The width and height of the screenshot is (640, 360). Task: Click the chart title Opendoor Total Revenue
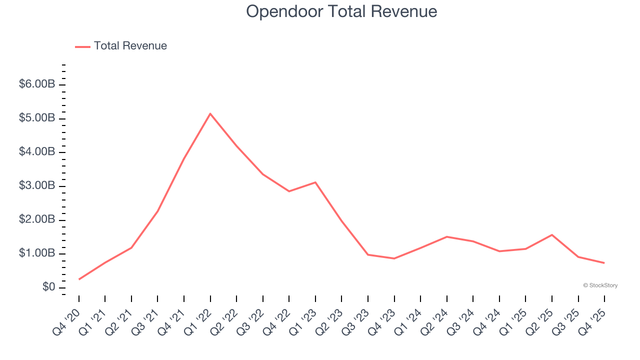point(341,11)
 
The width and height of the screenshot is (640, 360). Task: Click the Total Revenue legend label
point(130,46)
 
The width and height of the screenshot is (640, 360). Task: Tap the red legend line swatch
point(82,46)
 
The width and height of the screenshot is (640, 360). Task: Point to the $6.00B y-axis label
point(36,84)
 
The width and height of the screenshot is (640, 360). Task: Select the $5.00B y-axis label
point(36,118)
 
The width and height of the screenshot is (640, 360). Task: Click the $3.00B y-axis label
point(36,185)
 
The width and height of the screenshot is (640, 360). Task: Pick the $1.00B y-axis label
point(36,253)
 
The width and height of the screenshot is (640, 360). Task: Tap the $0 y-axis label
point(48,287)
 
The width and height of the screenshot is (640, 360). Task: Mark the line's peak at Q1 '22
point(210,113)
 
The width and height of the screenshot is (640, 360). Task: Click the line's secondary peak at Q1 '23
point(315,182)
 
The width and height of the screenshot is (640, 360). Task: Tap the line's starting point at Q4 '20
point(79,279)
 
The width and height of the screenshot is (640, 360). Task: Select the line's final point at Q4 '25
point(604,263)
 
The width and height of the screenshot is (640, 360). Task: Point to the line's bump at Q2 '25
point(551,234)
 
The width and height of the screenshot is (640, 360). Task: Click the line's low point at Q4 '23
point(394,258)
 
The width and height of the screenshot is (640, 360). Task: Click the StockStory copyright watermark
point(600,285)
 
